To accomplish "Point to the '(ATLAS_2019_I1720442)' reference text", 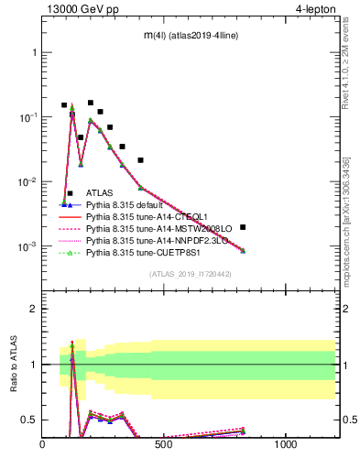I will pyautogui.click(x=191, y=274).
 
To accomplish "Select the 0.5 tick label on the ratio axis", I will pyautogui.click(x=28, y=420).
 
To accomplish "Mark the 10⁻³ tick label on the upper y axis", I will pyautogui.click(x=26, y=246).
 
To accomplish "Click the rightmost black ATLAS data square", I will pyautogui.click(x=243, y=227).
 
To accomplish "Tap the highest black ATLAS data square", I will pyautogui.click(x=90, y=103).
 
